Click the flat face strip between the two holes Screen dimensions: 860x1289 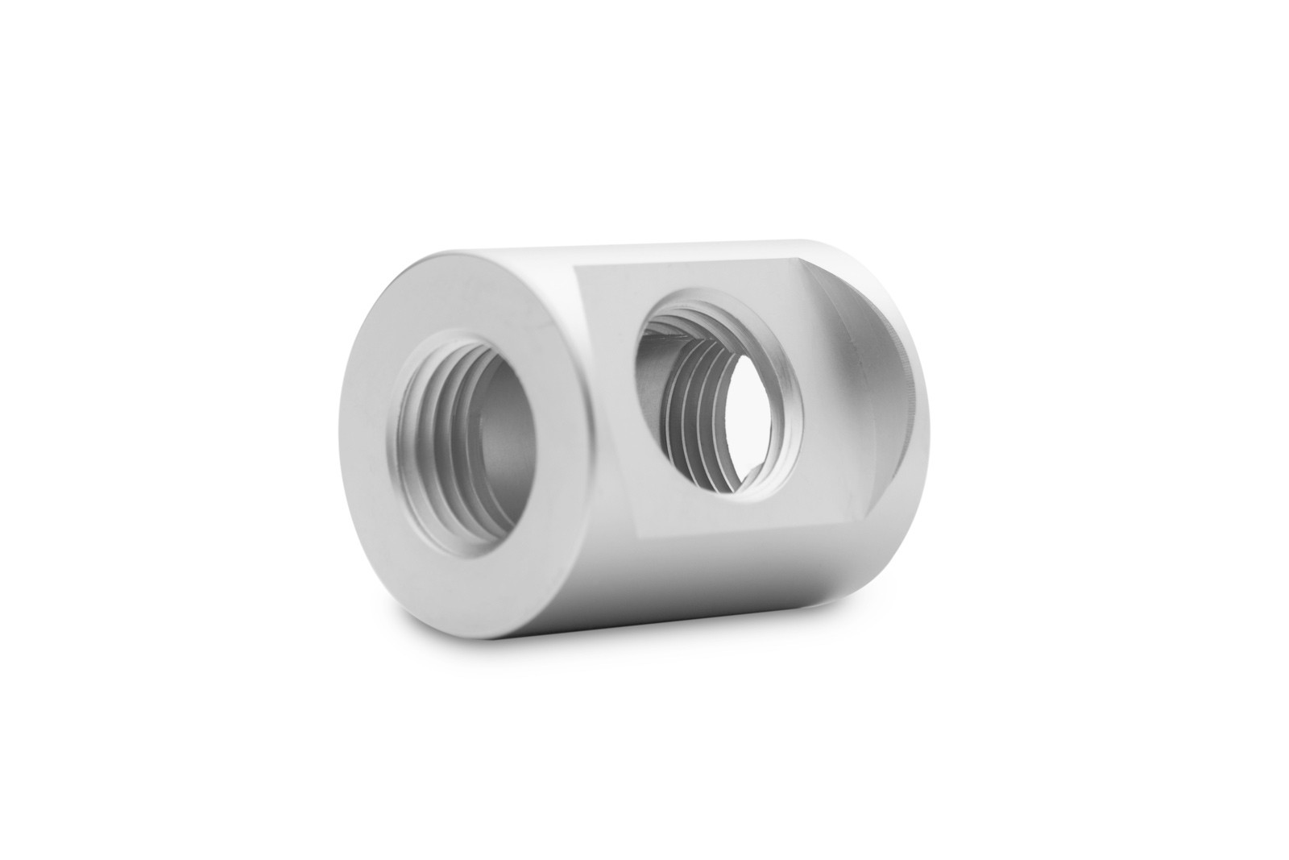pyautogui.click(x=612, y=403)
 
